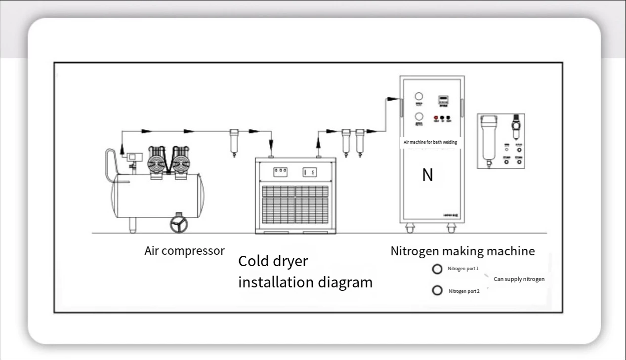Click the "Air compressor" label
coord(184,251)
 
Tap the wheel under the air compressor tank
coord(178,225)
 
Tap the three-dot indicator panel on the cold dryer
coord(280,171)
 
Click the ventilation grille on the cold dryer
coord(295,204)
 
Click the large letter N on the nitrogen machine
coord(427,175)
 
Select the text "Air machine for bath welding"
coord(430,142)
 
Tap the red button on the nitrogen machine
coord(436,118)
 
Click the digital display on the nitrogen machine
coord(443,100)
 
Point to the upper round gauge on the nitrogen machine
coord(419,97)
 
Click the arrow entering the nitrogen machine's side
coord(393,99)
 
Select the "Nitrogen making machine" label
coord(462,251)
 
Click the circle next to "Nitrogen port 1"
coord(437,269)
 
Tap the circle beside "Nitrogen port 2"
coord(437,290)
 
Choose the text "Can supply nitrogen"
coord(519,279)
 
